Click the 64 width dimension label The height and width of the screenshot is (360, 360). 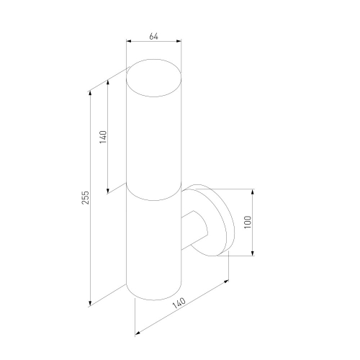(153, 37)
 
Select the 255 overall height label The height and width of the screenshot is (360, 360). (86, 197)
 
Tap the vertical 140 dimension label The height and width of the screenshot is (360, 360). (103, 137)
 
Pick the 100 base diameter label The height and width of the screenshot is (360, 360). (248, 222)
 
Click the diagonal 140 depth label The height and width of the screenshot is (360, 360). (179, 303)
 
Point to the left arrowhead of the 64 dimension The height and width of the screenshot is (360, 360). (129, 41)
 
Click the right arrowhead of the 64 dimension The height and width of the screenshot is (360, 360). (179, 41)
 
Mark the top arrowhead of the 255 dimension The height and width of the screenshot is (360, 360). (90, 93)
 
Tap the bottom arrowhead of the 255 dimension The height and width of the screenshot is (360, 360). (90, 303)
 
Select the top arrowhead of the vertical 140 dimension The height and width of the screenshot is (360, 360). (108, 83)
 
